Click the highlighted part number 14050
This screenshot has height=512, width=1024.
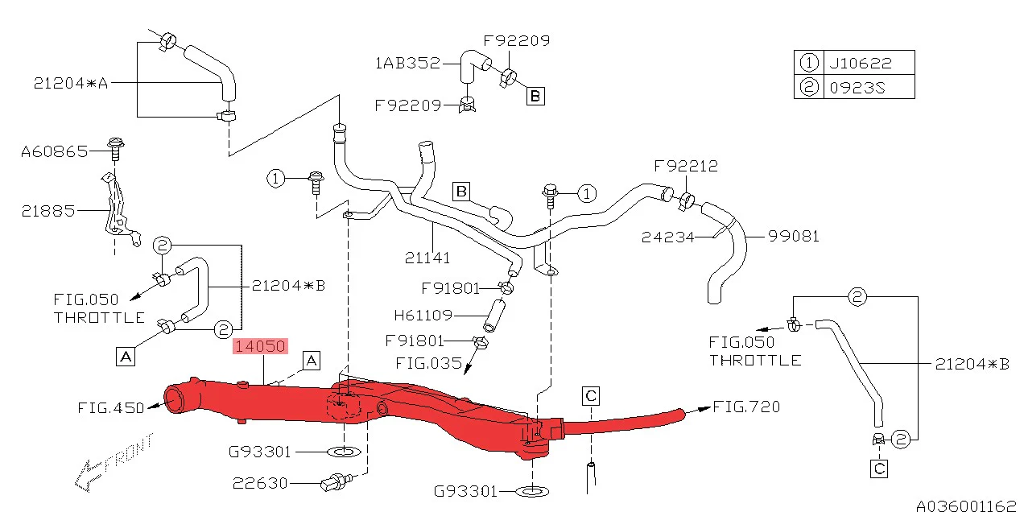click(259, 347)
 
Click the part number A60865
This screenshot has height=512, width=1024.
click(54, 151)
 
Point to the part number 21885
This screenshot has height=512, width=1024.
click(48, 211)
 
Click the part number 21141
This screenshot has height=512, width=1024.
click(427, 258)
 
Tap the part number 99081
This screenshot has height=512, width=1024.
click(793, 236)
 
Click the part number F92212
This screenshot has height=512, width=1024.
click(686, 167)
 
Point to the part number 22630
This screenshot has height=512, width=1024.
click(260, 483)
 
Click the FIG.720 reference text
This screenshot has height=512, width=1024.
click(747, 407)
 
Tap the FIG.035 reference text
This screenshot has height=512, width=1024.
click(428, 363)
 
